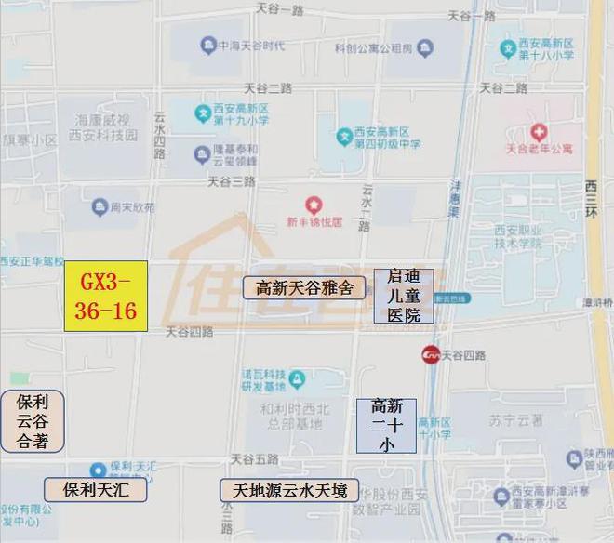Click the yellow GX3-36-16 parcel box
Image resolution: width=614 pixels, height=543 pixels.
[106, 296]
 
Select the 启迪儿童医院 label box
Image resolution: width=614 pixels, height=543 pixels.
[404, 296]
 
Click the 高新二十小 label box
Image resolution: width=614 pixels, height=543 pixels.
[386, 425]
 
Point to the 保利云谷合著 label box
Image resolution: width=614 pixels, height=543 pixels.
[33, 421]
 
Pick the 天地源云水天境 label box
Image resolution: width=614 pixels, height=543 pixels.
[283, 490]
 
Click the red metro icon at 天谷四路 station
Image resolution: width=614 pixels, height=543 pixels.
[431, 354]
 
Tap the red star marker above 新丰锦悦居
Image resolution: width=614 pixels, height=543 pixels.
[314, 204]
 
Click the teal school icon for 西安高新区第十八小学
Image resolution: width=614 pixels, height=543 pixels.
[508, 48]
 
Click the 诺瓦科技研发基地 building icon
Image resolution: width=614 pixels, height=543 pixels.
[296, 379]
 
